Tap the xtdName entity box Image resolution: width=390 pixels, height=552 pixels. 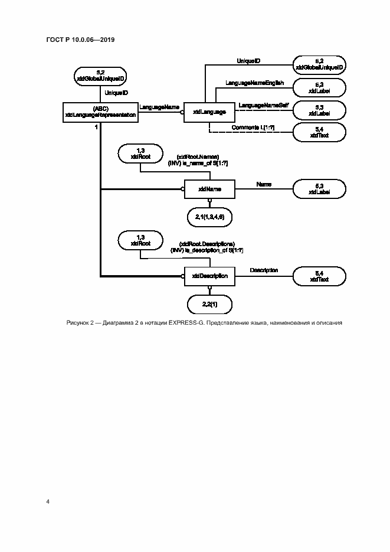(x=209, y=189)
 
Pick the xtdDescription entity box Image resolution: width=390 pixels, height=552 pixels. (x=209, y=275)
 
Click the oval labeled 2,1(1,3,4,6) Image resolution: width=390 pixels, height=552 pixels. (x=209, y=218)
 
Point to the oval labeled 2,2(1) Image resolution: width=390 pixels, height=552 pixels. (x=209, y=304)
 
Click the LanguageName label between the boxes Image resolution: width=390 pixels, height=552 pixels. (x=159, y=107)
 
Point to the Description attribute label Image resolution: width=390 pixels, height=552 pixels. (x=264, y=270)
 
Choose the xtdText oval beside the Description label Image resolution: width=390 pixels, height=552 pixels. (x=319, y=275)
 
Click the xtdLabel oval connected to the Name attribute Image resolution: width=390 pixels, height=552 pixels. (x=319, y=189)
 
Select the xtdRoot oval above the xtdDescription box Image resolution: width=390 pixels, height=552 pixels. (x=140, y=240)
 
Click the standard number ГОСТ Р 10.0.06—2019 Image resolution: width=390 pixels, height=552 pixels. (x=80, y=40)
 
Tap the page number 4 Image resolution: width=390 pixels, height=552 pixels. (x=48, y=502)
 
